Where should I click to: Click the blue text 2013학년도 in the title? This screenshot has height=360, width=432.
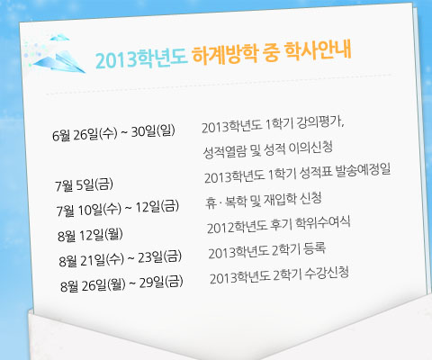coord(141,58)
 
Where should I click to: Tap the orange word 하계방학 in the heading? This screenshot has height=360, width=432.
coord(225,54)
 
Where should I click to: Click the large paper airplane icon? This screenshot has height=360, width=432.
coord(60,61)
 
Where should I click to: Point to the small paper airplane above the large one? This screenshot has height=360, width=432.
coord(59,37)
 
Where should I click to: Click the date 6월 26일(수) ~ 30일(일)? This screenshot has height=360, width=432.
coord(113,132)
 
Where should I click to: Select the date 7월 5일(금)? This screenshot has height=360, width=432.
coord(84,184)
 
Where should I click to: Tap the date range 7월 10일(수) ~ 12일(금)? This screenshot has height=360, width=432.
coord(118,208)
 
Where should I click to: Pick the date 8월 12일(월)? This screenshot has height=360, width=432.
coord(90,235)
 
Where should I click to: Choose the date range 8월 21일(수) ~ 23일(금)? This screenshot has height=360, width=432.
coord(120,258)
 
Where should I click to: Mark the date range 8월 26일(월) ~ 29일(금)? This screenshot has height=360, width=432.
coord(121,283)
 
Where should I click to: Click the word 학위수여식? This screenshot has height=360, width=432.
coord(323,223)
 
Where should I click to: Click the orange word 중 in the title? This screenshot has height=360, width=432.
coord(271,52)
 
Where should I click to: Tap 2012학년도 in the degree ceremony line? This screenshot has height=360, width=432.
coord(237,227)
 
